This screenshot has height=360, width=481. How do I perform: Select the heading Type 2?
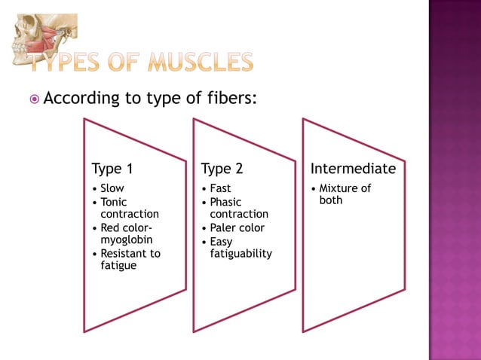(222, 168)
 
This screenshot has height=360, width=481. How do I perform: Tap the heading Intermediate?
(353, 168)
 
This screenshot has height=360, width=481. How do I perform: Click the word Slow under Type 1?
(112, 188)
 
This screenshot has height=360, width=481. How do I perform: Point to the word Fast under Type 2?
(220, 188)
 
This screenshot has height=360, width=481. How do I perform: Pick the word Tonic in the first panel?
(114, 202)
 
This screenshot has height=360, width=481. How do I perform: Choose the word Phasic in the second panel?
(225, 202)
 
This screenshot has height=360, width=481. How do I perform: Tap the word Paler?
(225, 227)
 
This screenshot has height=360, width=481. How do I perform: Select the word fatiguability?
(240, 254)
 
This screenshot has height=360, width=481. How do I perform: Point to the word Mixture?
(339, 188)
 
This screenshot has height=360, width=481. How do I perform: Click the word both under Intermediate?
(330, 200)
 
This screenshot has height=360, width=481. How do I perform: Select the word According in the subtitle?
(84, 98)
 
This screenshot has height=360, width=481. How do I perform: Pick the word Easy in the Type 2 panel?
(221, 242)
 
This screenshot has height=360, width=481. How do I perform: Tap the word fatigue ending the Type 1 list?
(118, 266)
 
